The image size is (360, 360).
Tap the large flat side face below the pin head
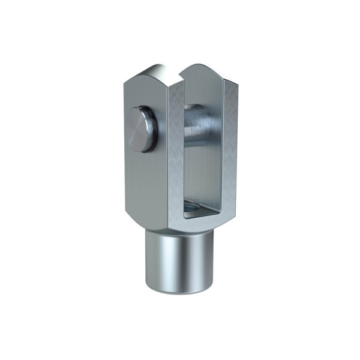[144, 180]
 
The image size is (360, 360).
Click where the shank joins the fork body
[180, 231]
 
